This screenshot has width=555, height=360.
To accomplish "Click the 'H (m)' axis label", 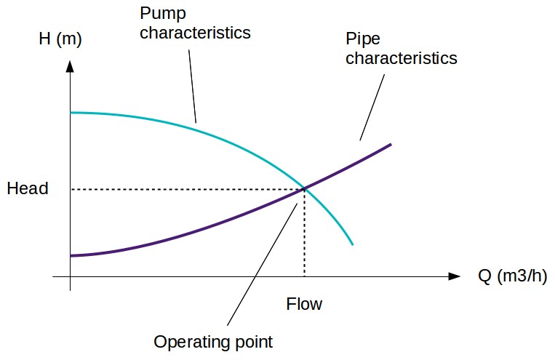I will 60,39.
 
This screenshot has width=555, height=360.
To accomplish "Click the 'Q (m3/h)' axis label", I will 512,276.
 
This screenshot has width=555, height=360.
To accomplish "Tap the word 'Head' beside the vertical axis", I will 28,189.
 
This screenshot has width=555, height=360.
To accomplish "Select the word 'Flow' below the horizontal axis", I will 304,304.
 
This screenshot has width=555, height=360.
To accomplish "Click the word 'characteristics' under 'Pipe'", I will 402,57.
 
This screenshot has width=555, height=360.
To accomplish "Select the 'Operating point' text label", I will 214,341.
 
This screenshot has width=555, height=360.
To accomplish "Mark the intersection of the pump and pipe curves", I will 304,189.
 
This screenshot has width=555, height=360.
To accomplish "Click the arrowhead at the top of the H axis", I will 71,65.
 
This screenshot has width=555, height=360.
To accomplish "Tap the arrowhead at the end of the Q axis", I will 455,276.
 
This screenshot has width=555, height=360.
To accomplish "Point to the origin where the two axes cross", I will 71,276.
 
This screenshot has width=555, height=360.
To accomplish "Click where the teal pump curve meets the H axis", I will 71,113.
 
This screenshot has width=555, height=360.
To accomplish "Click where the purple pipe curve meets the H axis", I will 71,255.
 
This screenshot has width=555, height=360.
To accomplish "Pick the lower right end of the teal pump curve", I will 352,244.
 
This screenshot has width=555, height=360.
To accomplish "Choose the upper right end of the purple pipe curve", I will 391,144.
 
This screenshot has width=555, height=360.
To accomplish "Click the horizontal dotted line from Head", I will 182,189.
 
